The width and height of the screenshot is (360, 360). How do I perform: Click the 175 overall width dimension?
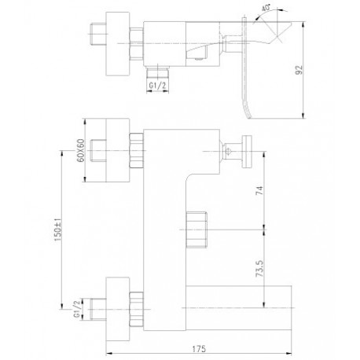click(199, 349)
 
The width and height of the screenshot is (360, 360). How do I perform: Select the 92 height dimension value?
click(299, 69)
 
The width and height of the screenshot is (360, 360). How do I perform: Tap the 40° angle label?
click(266, 8)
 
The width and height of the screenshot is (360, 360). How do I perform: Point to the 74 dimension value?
click(259, 191)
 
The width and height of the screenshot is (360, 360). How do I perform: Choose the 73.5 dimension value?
click(259, 269)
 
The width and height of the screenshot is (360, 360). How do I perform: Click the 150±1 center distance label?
click(58, 230)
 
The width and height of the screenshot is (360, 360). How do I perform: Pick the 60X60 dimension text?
click(82, 150)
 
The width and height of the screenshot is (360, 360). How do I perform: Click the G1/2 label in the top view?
click(157, 85)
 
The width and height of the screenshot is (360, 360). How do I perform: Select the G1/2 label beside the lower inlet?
click(76, 310)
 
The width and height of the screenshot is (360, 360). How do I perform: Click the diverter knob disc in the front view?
click(247, 151)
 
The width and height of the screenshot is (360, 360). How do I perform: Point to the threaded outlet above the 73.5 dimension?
click(197, 230)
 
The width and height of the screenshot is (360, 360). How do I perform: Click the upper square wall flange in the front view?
click(118, 150)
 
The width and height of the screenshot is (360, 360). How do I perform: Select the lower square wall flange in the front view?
click(118, 309)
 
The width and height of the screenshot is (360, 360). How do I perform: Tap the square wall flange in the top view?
click(118, 44)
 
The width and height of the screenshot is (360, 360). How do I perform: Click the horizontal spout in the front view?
click(239, 308)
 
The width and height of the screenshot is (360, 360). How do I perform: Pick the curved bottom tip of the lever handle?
click(249, 116)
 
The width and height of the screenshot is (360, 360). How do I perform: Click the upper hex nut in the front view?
click(137, 150)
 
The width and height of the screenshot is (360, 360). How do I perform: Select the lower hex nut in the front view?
click(137, 310)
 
